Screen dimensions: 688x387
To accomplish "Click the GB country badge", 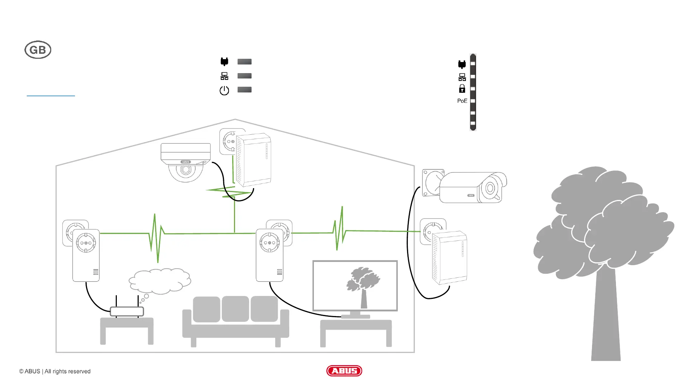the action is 38,50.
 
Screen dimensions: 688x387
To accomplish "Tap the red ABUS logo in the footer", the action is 344,371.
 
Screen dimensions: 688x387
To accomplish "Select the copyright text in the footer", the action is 55,371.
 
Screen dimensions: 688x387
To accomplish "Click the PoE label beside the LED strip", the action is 462,101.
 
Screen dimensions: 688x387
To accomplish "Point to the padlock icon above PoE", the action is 462,89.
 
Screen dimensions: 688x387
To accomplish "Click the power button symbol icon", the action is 224,90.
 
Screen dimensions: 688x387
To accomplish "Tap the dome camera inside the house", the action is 186,162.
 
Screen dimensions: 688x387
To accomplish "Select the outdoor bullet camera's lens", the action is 490,188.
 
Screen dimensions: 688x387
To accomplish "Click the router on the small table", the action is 127,311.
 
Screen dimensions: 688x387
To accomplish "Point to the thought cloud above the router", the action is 160,281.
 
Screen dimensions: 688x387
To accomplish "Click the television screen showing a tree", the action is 355,286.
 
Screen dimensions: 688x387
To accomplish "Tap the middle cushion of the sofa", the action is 235,309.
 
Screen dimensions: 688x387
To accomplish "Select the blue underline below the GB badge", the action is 51,96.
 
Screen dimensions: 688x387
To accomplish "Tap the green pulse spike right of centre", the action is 339,229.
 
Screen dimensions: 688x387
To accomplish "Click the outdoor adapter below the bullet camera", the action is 450,257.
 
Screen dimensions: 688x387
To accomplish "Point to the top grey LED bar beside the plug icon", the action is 244,62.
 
